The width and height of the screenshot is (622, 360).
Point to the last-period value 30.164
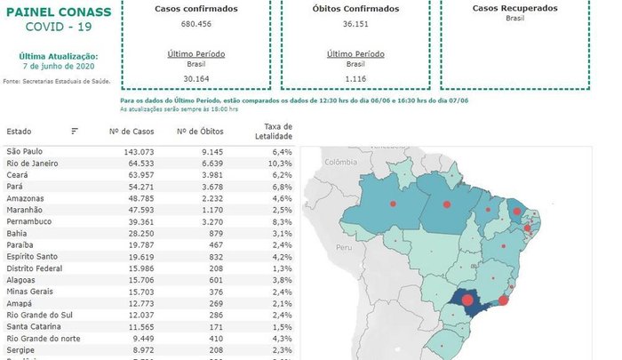tap(190, 79)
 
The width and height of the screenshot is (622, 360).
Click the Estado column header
tap(19, 132)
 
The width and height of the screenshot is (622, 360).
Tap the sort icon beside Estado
tap(75, 132)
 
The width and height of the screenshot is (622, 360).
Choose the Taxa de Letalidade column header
tap(276, 132)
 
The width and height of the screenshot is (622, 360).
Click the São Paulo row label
tap(24, 152)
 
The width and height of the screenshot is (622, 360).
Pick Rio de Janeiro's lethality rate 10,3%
tap(280, 164)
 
